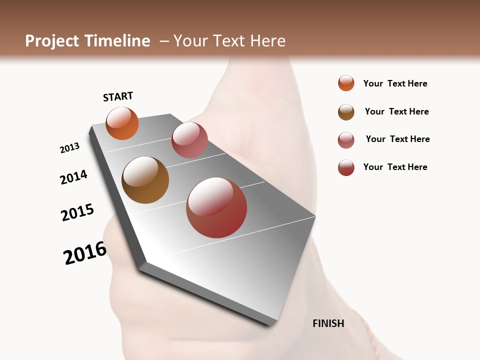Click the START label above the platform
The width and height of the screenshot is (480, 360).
118,96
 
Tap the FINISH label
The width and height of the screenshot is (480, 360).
328,323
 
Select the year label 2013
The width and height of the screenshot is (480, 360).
69,148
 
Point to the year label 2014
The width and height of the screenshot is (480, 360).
73,177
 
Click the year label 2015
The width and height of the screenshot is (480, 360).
77,212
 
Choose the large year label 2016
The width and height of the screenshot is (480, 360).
85,253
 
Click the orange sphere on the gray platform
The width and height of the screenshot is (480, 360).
122,123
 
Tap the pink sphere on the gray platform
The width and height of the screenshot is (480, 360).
189,139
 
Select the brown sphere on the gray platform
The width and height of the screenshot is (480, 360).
145,180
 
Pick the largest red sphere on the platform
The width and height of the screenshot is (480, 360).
216,207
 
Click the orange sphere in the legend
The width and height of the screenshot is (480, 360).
346,83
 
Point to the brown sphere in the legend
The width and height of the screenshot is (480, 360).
346,112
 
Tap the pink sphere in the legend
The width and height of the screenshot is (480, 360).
346,140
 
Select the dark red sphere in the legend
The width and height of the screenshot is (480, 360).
346,167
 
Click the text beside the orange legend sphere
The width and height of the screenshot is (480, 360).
395,83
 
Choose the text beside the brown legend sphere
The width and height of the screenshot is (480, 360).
396,111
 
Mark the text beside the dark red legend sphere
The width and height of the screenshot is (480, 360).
395,167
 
